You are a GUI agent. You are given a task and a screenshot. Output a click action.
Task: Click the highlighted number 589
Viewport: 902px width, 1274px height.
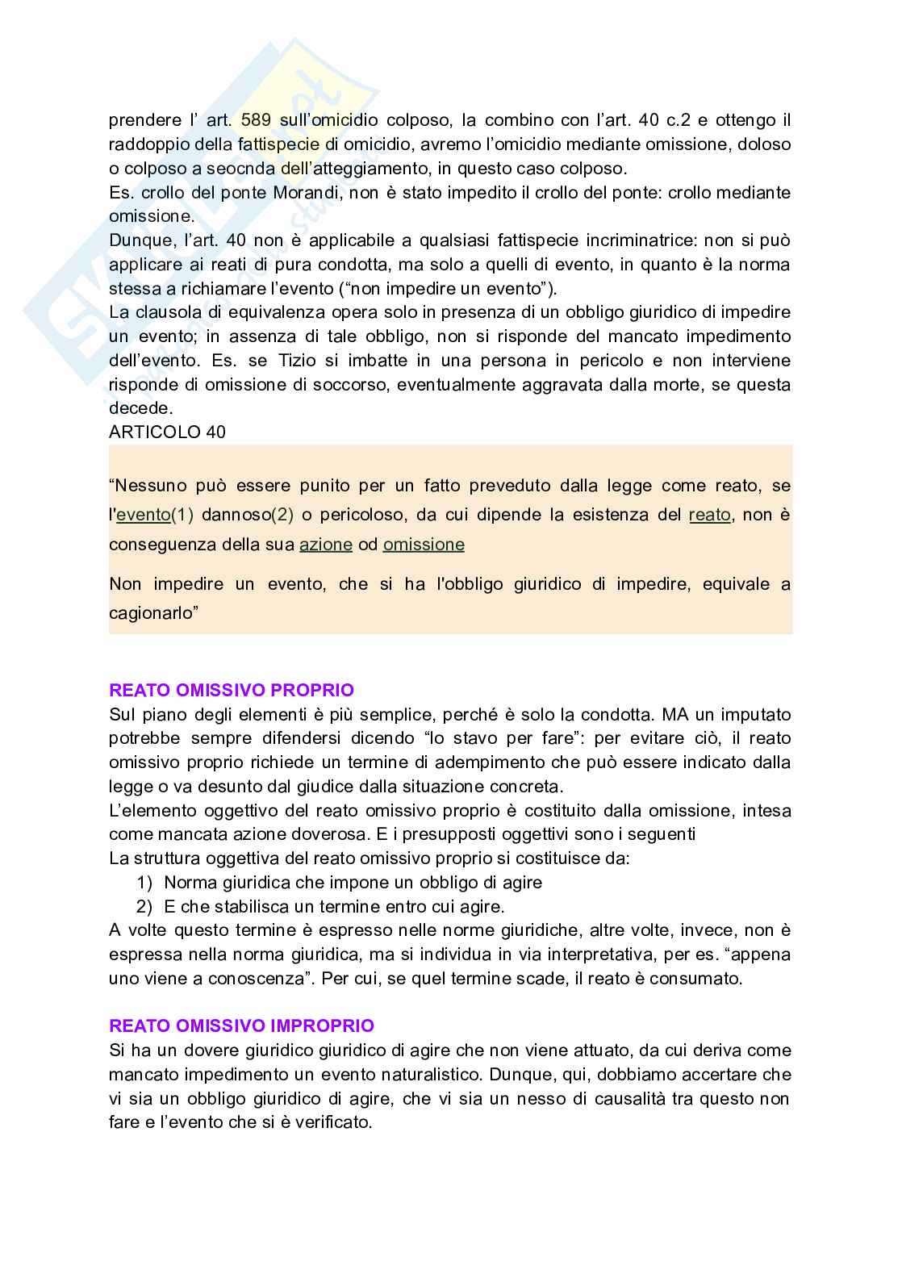256,120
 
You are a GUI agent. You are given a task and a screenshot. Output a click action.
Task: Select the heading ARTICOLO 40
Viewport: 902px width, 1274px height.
167,432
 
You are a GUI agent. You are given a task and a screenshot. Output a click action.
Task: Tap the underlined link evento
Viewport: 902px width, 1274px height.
143,515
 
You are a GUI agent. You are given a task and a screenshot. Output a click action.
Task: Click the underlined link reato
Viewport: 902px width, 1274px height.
710,515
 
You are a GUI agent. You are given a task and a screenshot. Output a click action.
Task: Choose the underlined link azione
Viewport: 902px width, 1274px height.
326,545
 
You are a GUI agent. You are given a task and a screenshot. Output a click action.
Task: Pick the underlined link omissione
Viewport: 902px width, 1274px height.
424,545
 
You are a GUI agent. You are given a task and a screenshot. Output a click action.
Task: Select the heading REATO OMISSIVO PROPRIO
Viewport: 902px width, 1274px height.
231,691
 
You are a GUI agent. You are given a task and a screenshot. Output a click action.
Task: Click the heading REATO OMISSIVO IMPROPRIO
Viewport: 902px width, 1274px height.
241,1025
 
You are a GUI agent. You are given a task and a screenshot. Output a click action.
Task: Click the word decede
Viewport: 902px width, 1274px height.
140,408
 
